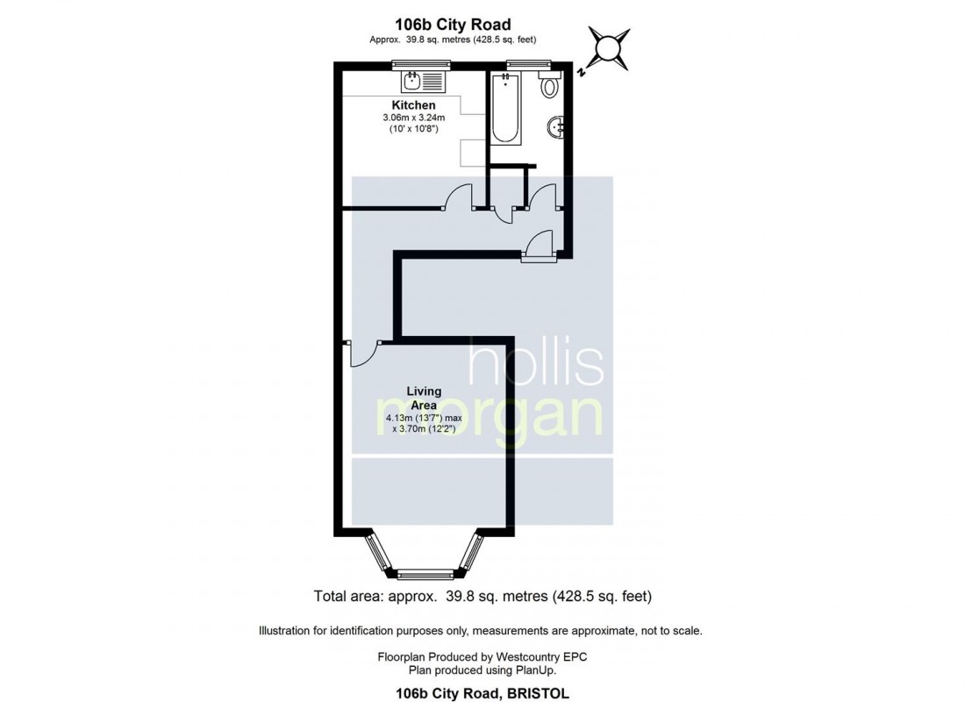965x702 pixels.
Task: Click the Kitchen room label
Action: (413, 105)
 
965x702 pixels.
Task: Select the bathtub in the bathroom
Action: (506, 111)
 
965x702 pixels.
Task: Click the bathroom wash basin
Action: (555, 129)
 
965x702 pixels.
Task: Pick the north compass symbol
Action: (607, 47)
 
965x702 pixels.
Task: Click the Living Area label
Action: (424, 398)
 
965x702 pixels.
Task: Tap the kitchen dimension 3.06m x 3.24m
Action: (413, 118)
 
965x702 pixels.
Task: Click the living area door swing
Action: (363, 353)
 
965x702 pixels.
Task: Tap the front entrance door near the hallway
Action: (538, 245)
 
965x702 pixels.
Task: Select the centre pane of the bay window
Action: (423, 576)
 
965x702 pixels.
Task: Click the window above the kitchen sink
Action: (421, 63)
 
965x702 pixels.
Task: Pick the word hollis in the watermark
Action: (535, 365)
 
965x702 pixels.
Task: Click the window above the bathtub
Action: (529, 63)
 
